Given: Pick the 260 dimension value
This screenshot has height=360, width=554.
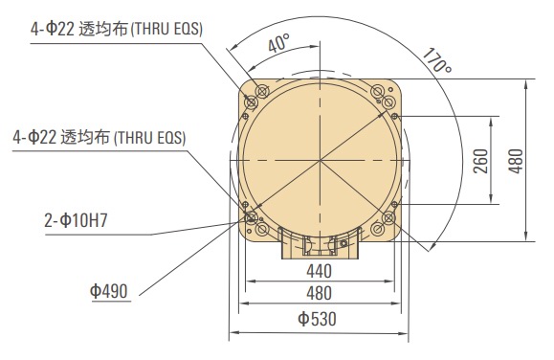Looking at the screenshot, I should [480, 160].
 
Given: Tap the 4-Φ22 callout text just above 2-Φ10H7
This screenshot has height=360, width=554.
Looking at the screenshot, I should [100, 139].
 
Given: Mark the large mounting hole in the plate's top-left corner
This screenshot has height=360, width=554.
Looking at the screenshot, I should [255, 97].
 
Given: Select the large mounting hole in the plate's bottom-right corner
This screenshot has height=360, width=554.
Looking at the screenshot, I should [389, 220].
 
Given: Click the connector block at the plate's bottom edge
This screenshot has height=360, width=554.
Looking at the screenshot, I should [319, 244].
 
